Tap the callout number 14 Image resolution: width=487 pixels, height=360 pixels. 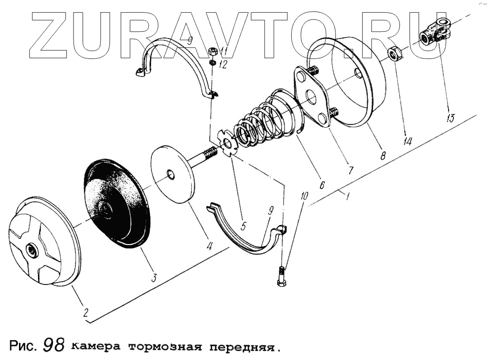click(408, 141)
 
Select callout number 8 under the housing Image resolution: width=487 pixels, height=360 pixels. click(383, 156)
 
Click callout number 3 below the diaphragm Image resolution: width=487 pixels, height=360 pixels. click(153, 278)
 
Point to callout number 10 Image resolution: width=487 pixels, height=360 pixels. click(304, 197)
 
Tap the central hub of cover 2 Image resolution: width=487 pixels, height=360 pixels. click(33, 251)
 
